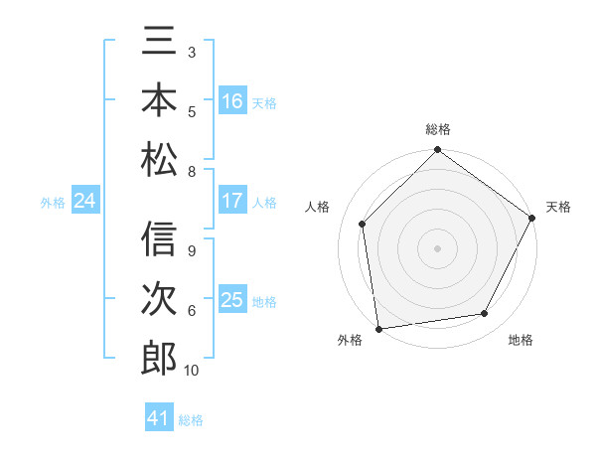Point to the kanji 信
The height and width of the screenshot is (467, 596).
click(159, 241)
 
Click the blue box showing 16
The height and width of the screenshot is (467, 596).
click(232, 101)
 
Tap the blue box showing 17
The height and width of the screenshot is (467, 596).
click(232, 201)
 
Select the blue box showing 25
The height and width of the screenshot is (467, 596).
click(232, 300)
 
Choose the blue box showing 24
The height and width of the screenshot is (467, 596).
click(85, 202)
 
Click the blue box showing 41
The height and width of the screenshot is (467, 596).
click(159, 418)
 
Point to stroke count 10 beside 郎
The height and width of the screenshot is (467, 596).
click(192, 371)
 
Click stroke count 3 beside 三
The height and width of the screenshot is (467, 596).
click(191, 52)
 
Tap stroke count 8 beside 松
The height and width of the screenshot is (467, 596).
click(191, 171)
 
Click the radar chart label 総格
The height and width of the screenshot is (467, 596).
click(437, 129)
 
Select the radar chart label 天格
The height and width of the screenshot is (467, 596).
click(558, 207)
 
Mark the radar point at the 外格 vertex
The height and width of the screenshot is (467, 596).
click(378, 328)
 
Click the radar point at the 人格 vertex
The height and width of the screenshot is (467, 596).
click(363, 224)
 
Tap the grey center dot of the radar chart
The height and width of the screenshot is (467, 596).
click(437, 247)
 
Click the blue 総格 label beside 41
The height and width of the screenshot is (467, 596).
click(191, 420)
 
